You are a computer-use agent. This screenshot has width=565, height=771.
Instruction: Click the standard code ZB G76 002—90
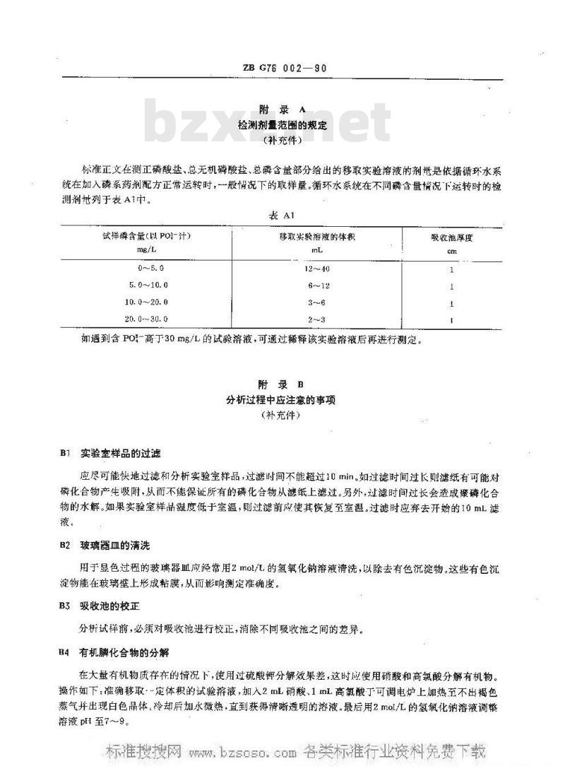[282, 69]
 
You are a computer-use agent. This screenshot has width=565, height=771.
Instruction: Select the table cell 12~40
[316, 269]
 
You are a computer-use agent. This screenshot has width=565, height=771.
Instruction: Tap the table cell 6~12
[316, 286]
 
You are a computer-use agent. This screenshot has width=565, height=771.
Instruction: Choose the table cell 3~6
[316, 302]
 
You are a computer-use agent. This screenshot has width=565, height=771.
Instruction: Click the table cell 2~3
[316, 319]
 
